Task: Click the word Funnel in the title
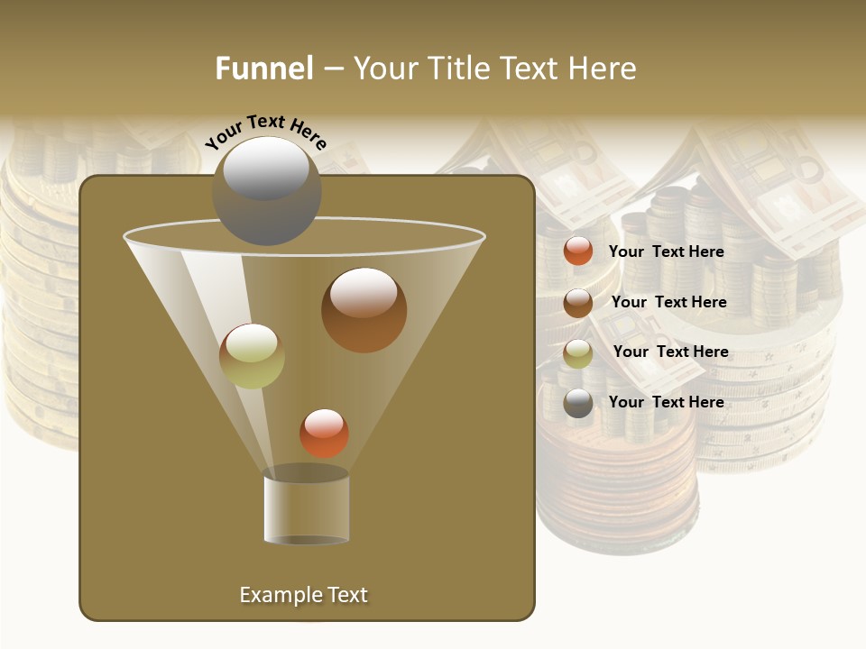click(264, 69)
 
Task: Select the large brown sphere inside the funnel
click(364, 311)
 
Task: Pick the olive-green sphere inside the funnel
click(252, 356)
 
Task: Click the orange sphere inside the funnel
click(324, 434)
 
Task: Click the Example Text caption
click(303, 595)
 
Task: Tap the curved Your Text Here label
click(265, 132)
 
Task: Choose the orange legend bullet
click(577, 251)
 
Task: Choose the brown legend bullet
click(577, 303)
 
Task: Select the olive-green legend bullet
click(577, 353)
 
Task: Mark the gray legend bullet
click(577, 403)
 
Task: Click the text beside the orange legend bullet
click(666, 251)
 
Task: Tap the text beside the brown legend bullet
click(668, 302)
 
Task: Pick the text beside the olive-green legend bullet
click(670, 352)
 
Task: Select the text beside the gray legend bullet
click(666, 402)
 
